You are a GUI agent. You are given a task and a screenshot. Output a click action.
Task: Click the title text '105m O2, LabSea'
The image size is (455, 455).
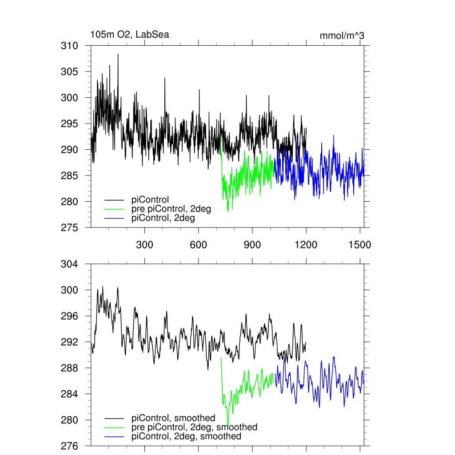(x=129, y=35)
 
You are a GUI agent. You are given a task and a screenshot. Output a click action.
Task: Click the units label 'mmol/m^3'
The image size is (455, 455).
(x=342, y=36)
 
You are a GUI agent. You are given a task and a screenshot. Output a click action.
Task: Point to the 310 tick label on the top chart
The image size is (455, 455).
(x=69, y=46)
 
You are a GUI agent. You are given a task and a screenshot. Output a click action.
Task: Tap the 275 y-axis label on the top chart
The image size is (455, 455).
(x=69, y=227)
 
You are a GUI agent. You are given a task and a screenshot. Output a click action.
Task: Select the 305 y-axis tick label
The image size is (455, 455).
(x=69, y=72)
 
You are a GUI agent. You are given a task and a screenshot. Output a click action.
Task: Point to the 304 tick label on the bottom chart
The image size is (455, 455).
(x=69, y=264)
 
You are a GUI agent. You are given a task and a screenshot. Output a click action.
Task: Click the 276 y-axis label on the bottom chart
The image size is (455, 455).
(x=69, y=446)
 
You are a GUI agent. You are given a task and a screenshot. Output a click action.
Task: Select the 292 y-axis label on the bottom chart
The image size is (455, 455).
(x=69, y=342)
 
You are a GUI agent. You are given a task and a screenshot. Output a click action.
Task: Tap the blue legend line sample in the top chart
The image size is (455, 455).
(x=114, y=218)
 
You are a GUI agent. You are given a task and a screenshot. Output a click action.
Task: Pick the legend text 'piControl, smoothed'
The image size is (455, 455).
(x=173, y=418)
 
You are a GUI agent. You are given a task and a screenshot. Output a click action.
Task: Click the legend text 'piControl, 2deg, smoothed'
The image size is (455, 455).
(x=186, y=436)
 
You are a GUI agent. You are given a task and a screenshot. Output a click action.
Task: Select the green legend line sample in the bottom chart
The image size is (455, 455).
(x=114, y=427)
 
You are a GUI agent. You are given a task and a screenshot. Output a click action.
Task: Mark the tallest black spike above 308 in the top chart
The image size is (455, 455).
(x=118, y=54)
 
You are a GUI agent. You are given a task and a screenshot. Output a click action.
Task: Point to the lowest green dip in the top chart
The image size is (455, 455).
(x=228, y=211)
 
